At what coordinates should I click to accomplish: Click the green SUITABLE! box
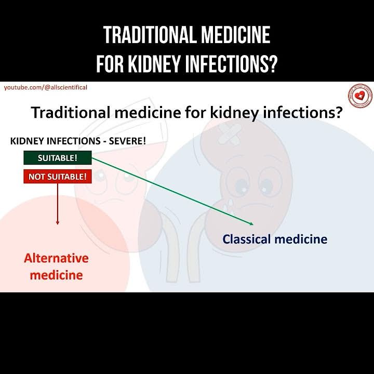pyautogui.click(x=58, y=157)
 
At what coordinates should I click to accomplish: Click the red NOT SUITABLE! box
pyautogui.click(x=58, y=177)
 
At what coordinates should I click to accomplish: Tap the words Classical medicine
pyautogui.click(x=275, y=239)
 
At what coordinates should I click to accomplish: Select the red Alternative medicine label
pyautogui.click(x=56, y=266)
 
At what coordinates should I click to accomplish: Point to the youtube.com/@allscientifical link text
pyautogui.click(x=46, y=87)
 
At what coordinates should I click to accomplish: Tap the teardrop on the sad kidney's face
pyautogui.click(x=229, y=201)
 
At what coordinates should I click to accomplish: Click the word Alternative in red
pyautogui.click(x=56, y=258)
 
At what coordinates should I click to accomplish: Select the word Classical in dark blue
pyautogui.click(x=246, y=239)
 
